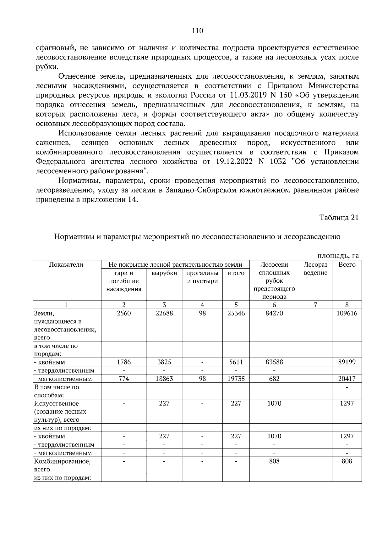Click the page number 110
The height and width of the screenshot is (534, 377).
click(197, 31)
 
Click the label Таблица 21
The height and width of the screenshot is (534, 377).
click(339, 218)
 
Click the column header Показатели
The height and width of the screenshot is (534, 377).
click(66, 264)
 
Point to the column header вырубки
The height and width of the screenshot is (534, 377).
click(164, 273)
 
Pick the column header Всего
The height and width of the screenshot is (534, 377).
click(347, 264)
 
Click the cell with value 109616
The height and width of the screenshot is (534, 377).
click(347, 314)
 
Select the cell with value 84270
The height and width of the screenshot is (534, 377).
click(274, 314)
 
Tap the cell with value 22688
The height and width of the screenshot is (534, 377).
click(164, 314)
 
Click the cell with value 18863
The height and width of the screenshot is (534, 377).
click(164, 379)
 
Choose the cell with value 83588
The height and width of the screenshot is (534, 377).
click(274, 362)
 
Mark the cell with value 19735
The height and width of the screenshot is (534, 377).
click(236, 379)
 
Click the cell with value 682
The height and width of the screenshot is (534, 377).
click(274, 379)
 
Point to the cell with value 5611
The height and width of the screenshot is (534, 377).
click(236, 362)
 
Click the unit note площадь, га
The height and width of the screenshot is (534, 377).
click(338, 256)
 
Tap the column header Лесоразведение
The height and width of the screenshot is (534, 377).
click(315, 269)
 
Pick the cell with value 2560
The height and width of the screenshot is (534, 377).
click(123, 314)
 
